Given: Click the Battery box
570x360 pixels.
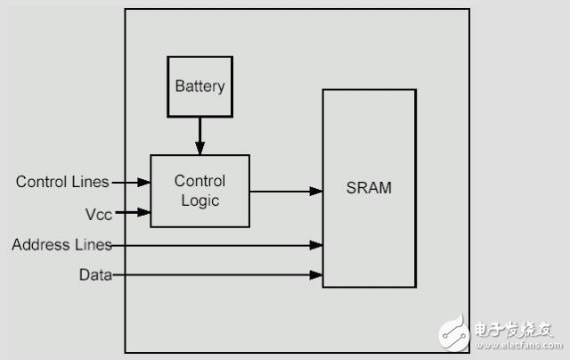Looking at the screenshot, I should (x=199, y=86).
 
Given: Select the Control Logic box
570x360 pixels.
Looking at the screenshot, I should (x=199, y=191).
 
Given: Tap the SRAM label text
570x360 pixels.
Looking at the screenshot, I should (x=369, y=189).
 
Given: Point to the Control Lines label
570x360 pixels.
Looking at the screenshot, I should (x=61, y=182).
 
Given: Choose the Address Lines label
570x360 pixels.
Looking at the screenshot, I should (x=61, y=244).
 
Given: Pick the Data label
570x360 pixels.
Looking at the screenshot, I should (x=95, y=275).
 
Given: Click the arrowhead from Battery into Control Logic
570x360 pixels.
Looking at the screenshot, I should (x=199, y=149).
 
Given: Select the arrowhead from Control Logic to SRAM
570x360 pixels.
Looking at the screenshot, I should (x=316, y=191).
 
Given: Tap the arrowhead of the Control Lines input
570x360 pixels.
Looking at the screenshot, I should (x=144, y=182).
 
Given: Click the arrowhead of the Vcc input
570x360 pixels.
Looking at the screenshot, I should (x=144, y=212).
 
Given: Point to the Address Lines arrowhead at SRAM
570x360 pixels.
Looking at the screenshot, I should (x=316, y=244).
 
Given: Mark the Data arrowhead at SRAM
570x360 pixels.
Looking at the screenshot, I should (x=316, y=275).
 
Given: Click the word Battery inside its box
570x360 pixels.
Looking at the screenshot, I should (x=199, y=87).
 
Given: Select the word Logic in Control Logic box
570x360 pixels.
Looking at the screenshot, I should (x=199, y=200).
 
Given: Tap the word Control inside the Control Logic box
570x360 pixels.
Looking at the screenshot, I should (x=199, y=182).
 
